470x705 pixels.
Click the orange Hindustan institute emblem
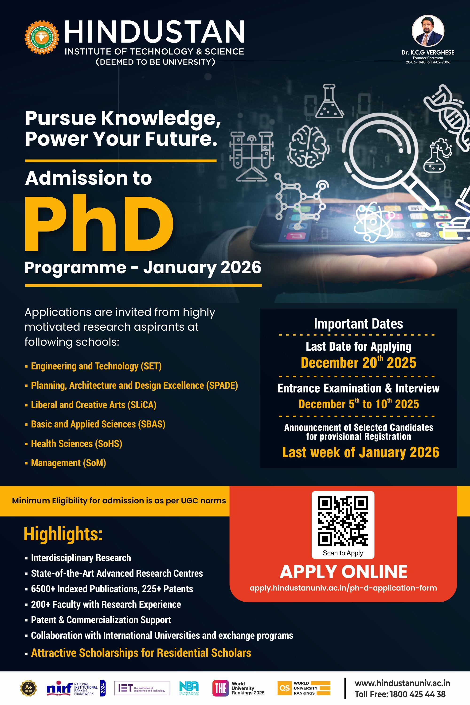(42, 37)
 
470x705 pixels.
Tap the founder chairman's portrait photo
(428, 31)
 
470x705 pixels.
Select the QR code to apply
(343, 521)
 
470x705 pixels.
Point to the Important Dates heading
(359, 324)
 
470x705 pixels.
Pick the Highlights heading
(63, 534)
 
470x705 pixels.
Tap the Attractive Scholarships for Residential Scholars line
(141, 653)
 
